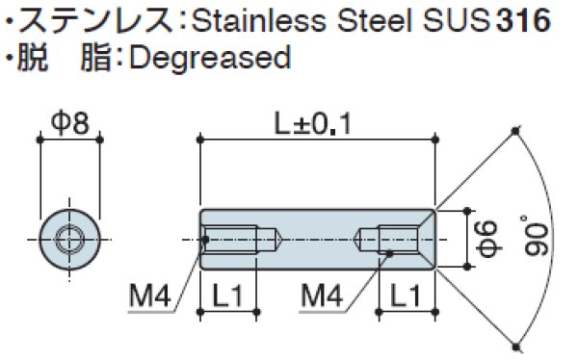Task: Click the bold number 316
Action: coord(523,20)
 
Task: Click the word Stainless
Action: coord(259,20)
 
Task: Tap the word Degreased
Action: coord(210,58)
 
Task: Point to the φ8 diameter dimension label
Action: coord(70,123)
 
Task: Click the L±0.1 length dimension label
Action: coord(313,124)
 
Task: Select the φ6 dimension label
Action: coord(488,239)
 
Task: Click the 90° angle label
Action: coord(537,236)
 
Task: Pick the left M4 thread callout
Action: coord(150,296)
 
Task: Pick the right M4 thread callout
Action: coord(322,296)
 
